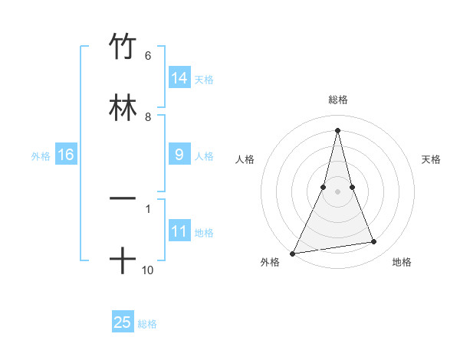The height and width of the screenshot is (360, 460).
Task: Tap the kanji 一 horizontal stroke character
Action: point(123,199)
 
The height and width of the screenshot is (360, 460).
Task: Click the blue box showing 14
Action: point(179,78)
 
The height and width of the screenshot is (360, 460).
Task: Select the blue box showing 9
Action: point(179,155)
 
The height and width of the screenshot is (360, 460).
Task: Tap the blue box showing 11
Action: point(179,231)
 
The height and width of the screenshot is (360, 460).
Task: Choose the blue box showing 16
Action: point(66,155)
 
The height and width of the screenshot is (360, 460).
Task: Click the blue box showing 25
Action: point(123,322)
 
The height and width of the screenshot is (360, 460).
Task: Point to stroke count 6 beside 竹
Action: point(147,56)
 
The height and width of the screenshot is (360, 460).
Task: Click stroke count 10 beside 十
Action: point(148,270)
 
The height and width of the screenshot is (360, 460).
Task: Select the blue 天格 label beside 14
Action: point(204,79)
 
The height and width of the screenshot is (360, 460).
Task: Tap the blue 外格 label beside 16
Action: point(41,155)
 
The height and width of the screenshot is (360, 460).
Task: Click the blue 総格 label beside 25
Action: point(147,323)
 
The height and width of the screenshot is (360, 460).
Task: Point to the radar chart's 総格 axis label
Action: point(338,100)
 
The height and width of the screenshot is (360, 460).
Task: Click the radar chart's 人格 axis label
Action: point(245,159)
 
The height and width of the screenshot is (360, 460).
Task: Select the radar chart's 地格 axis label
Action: point(402,262)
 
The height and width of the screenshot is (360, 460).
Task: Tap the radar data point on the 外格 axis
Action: point(293,253)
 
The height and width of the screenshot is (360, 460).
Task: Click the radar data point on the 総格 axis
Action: point(338,129)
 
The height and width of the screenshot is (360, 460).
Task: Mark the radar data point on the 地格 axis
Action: point(374,242)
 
